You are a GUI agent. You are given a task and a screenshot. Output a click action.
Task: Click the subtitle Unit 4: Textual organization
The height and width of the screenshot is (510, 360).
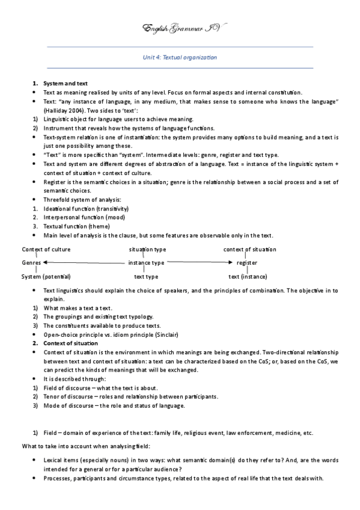(x=180, y=58)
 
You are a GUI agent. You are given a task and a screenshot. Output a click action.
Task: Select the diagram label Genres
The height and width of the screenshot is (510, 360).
(x=31, y=263)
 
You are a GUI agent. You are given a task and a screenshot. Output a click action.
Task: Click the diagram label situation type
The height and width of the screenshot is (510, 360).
(x=148, y=250)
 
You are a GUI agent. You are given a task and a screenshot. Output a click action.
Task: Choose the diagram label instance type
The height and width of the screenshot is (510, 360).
(x=146, y=263)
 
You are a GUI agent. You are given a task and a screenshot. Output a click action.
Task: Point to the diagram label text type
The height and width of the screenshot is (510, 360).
(x=146, y=277)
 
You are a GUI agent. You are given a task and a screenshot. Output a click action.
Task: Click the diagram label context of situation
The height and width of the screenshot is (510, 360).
(x=250, y=250)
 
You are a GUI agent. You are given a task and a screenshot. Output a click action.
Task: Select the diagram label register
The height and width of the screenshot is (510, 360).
(x=247, y=263)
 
